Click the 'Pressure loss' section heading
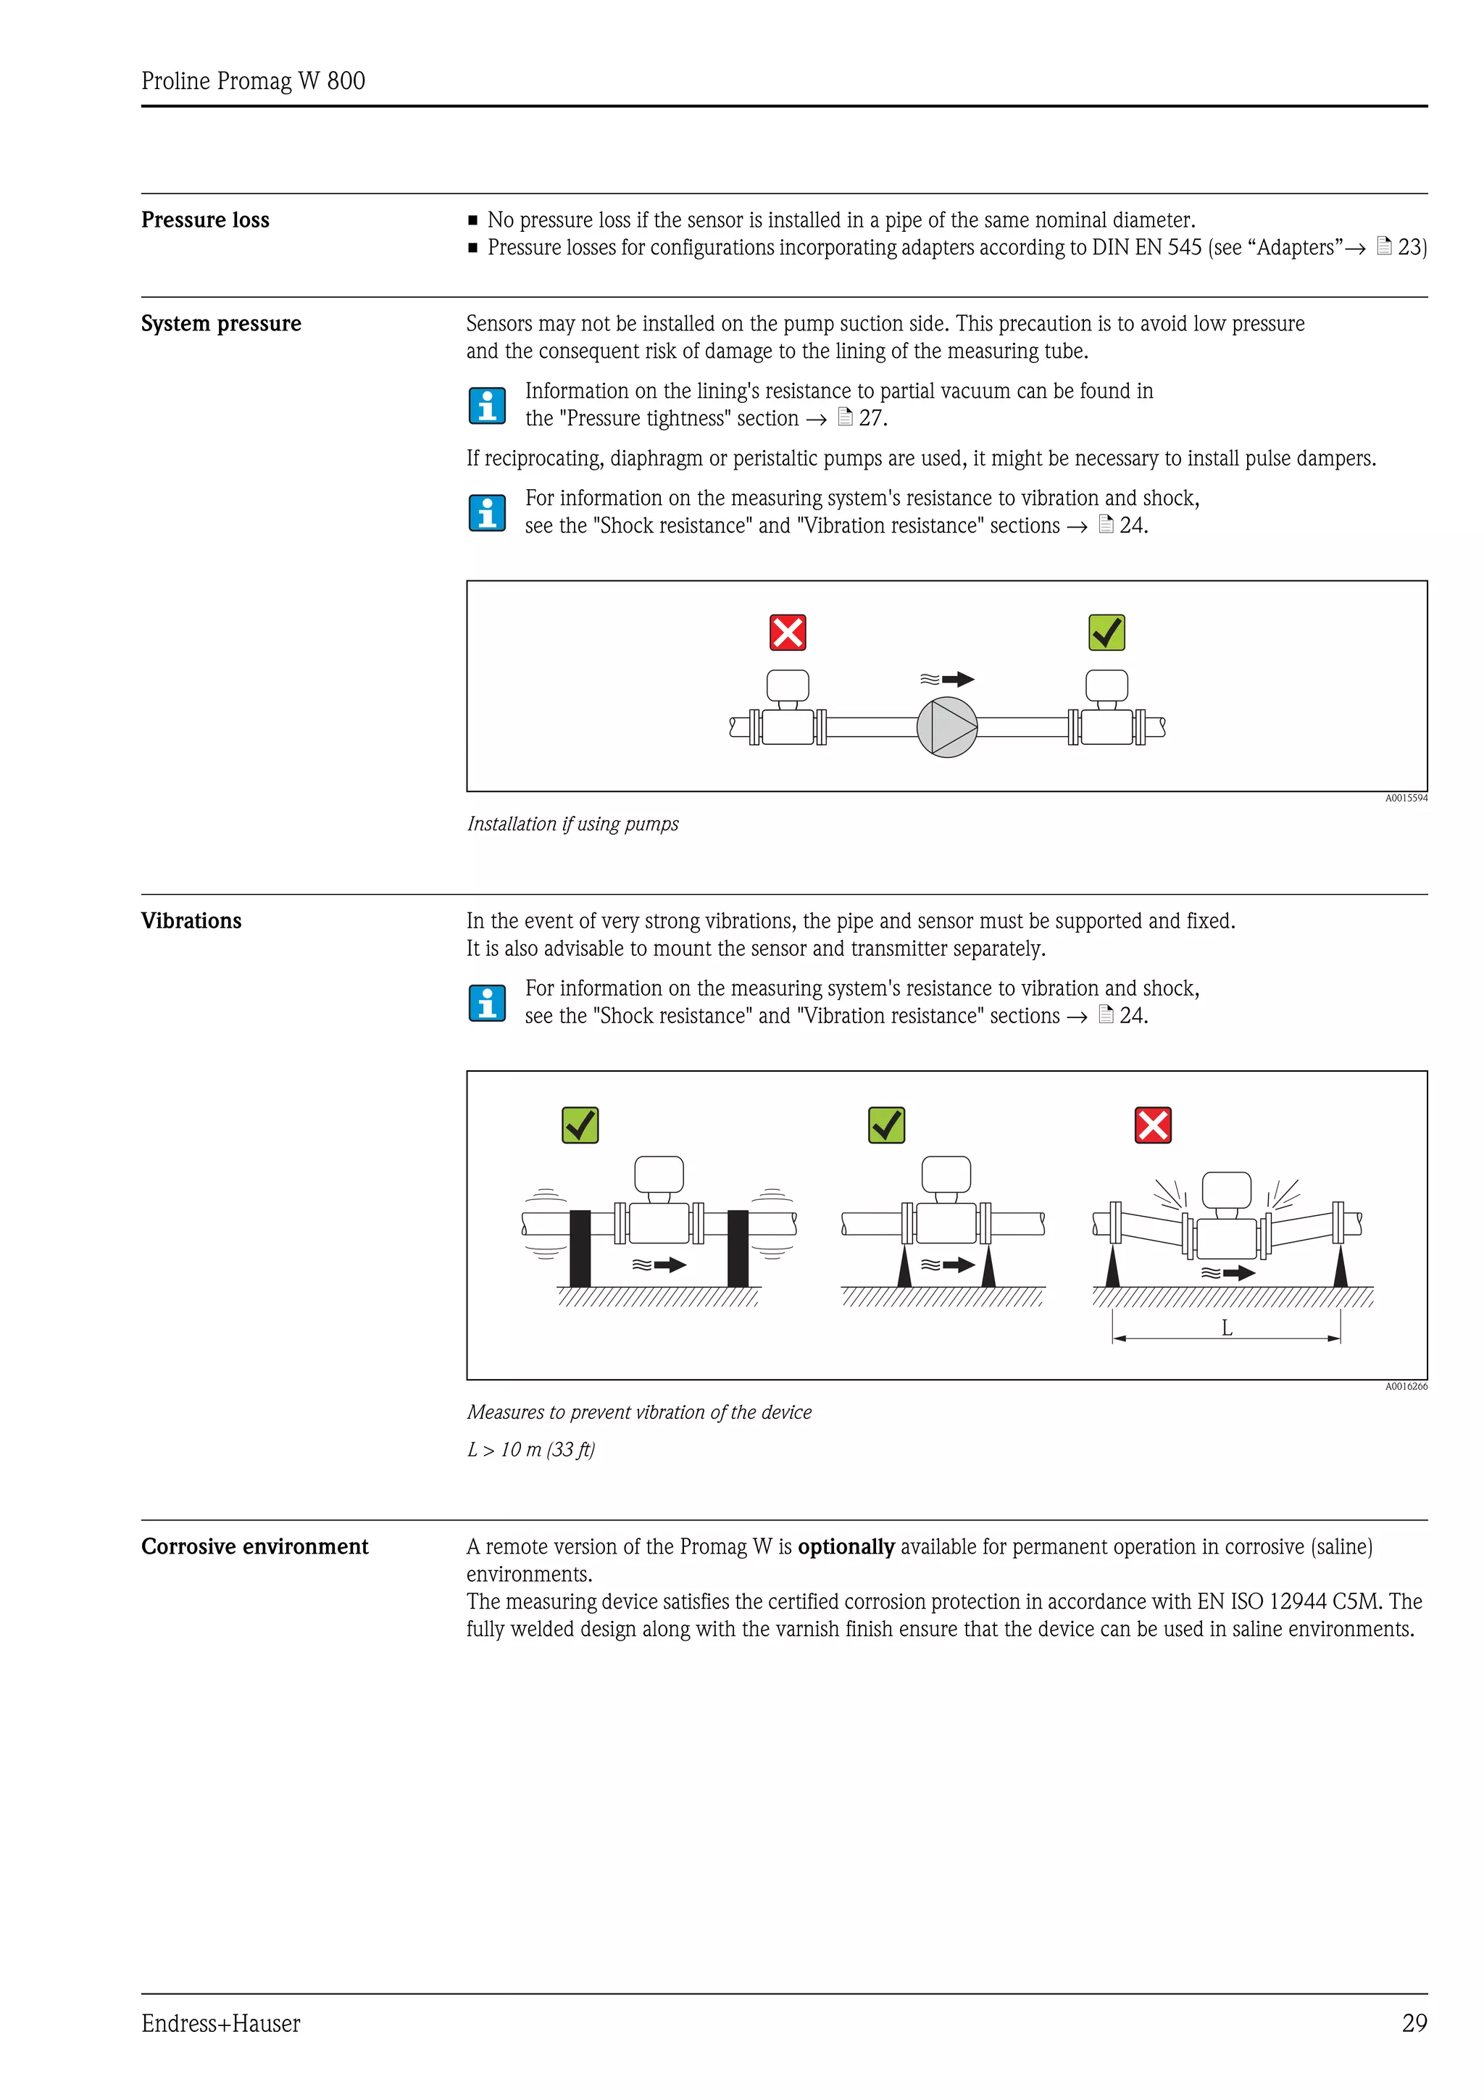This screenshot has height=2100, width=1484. click(x=205, y=220)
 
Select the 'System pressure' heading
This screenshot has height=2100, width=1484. click(x=220, y=324)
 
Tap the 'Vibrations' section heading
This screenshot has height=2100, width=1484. click(x=191, y=921)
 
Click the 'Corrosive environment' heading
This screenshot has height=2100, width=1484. click(x=254, y=1546)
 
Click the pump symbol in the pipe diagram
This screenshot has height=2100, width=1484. click(x=946, y=727)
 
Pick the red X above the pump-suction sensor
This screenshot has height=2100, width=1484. click(x=787, y=632)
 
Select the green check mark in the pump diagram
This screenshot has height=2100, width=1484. click(x=1106, y=632)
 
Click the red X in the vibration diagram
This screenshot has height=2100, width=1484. click(x=1152, y=1125)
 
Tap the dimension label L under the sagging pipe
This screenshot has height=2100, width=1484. click(x=1226, y=1329)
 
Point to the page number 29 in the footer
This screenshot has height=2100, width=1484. click(x=1414, y=2023)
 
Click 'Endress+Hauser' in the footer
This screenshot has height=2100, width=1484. click(x=220, y=2023)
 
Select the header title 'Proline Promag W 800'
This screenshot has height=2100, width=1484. click(x=254, y=81)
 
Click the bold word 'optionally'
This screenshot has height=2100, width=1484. click(x=846, y=1546)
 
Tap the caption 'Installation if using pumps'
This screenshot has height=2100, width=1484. click(x=572, y=824)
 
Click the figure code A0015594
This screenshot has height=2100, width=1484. click(x=1405, y=799)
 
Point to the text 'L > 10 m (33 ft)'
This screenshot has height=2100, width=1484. click(x=530, y=1450)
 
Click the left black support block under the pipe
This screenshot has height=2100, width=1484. click(x=580, y=1248)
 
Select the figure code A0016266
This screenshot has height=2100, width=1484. click(x=1405, y=1386)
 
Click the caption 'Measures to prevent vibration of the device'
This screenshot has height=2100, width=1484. click(x=639, y=1412)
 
